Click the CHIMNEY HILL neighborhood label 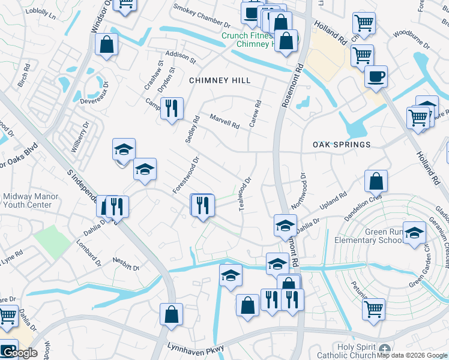pyautogui.click(x=219, y=80)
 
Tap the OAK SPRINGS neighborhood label pyautogui.click(x=342, y=145)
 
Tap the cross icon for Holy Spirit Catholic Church pyautogui.click(x=385, y=349)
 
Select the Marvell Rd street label pyautogui.click(x=224, y=122)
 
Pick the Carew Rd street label pyautogui.click(x=256, y=112)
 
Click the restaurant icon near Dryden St pyautogui.click(x=172, y=109)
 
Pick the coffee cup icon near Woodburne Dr pyautogui.click(x=376, y=77)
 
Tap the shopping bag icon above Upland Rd pyautogui.click(x=376, y=180)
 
